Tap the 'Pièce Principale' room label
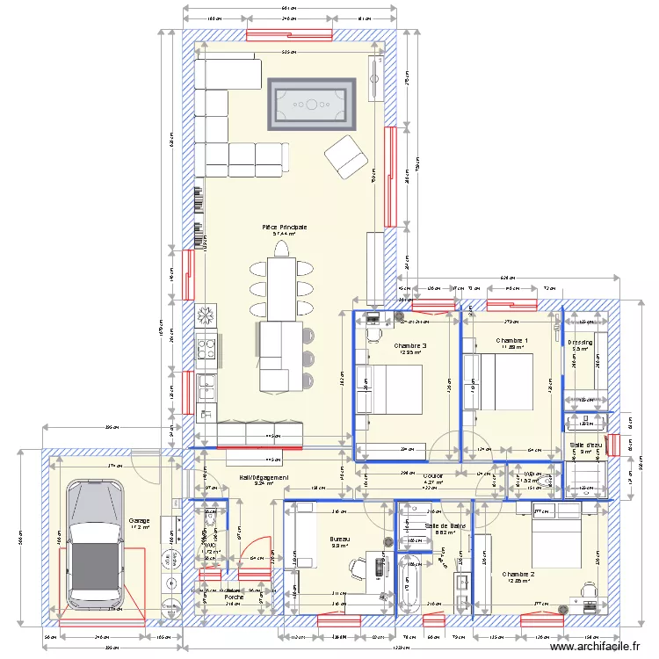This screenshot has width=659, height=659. pyautogui.click(x=283, y=227)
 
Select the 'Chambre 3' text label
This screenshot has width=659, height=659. pyautogui.click(x=409, y=345)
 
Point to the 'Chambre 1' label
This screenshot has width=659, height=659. pyautogui.click(x=511, y=340)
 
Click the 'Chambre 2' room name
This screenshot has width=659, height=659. pyautogui.click(x=518, y=575)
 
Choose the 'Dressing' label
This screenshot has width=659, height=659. pyautogui.click(x=580, y=342)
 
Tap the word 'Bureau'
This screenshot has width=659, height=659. pyautogui.click(x=340, y=538)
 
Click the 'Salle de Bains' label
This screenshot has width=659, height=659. pyautogui.click(x=445, y=525)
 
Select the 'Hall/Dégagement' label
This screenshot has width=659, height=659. pyautogui.click(x=264, y=477)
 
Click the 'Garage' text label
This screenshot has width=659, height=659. pyautogui.click(x=139, y=520)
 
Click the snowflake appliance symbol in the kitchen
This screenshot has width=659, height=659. pyautogui.click(x=206, y=314)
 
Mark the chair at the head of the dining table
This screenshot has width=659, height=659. pyautogui.click(x=283, y=250)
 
